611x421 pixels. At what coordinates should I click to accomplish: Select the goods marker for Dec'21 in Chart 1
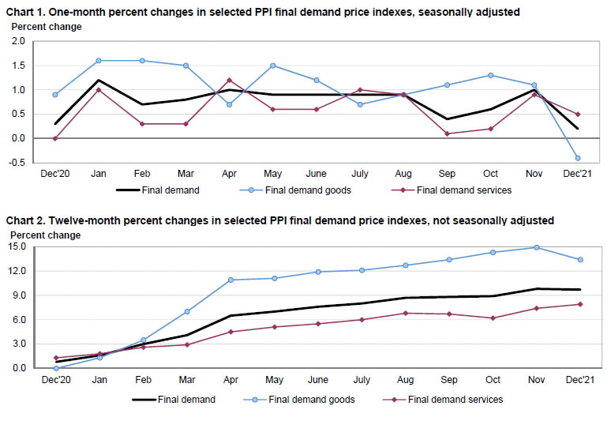(x=578, y=158)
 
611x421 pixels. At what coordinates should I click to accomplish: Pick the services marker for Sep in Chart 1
(x=448, y=133)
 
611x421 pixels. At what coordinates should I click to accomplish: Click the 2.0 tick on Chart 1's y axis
(x=19, y=42)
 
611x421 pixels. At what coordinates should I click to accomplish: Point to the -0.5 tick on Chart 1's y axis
(x=17, y=162)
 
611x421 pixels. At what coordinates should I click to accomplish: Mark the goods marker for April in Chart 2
(x=231, y=280)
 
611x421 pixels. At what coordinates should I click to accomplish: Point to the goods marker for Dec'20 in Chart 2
(x=56, y=368)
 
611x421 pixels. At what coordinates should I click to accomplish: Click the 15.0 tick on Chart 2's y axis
(x=17, y=246)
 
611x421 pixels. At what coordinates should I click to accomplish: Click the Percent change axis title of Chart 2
(x=44, y=235)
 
